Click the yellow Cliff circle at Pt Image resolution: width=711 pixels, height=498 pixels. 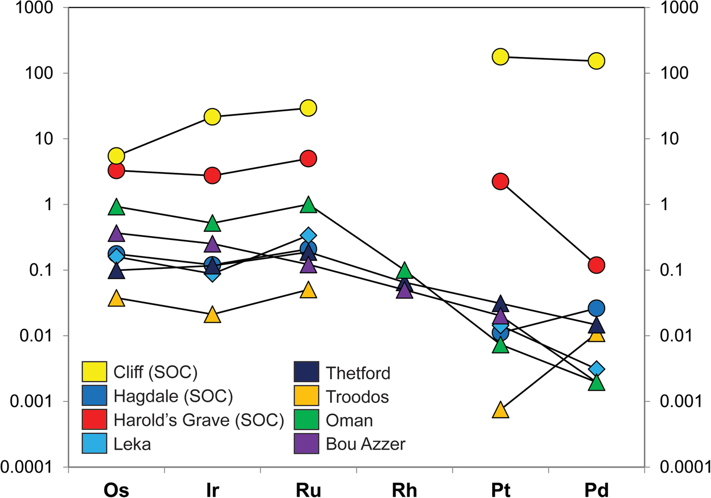(x=500, y=57)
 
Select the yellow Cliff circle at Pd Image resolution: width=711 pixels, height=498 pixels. (x=596, y=61)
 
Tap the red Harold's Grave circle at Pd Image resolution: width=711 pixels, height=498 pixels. (x=596, y=265)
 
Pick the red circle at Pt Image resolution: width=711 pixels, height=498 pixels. (x=500, y=181)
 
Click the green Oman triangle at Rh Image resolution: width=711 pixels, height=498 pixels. (x=404, y=271)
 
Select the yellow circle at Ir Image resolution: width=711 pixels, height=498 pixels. (x=212, y=117)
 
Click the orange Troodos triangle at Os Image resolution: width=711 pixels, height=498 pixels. (x=116, y=299)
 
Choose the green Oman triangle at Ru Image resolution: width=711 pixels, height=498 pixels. (x=308, y=205)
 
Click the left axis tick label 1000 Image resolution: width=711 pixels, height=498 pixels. (x=34, y=8)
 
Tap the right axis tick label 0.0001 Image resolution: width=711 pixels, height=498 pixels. (x=684, y=466)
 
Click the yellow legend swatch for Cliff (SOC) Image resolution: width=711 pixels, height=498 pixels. (x=94, y=372)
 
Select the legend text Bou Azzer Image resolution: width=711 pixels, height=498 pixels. (x=365, y=444)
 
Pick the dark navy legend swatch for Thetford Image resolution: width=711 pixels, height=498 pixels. (x=307, y=372)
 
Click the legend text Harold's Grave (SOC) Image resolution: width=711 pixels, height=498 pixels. (x=199, y=420)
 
